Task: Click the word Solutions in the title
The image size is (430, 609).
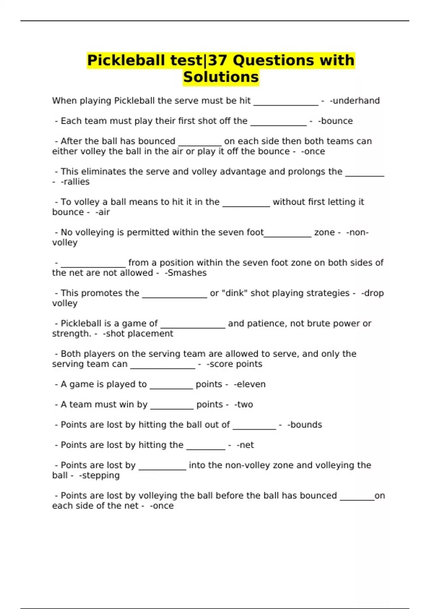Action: click(221, 77)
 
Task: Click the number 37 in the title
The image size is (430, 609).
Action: click(219, 60)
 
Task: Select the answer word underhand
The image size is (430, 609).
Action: click(356, 101)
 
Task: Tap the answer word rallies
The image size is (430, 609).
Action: click(76, 182)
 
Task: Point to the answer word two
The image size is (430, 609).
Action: click(245, 404)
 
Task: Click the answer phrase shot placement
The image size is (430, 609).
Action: click(139, 334)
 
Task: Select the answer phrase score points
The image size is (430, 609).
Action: click(235, 364)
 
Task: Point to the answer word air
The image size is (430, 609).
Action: click(104, 212)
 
